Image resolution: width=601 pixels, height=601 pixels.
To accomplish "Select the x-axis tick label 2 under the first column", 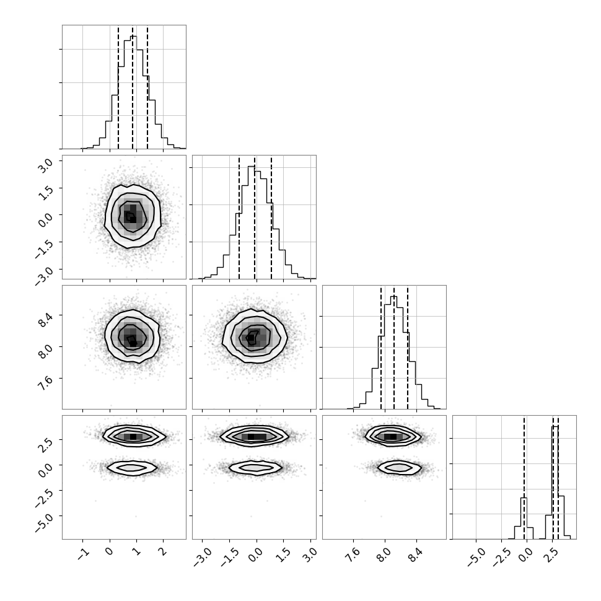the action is click(x=164, y=552).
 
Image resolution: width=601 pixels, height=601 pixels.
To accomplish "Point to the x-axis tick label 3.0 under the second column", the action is click(x=311, y=555).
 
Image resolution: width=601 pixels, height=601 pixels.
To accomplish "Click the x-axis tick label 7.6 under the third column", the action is click(x=354, y=555).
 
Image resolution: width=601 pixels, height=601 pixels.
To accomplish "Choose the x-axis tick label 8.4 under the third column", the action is click(x=416, y=555).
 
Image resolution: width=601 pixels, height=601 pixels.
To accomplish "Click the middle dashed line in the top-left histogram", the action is click(x=133, y=87).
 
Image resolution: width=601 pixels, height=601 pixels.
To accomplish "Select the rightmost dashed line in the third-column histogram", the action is click(x=408, y=347).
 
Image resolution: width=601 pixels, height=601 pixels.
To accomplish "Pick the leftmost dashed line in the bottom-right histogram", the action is click(x=524, y=477).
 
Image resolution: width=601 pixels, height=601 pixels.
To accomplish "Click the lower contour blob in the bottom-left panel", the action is click(x=132, y=468).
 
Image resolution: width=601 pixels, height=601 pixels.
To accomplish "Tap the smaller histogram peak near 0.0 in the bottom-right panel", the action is click(x=524, y=518).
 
